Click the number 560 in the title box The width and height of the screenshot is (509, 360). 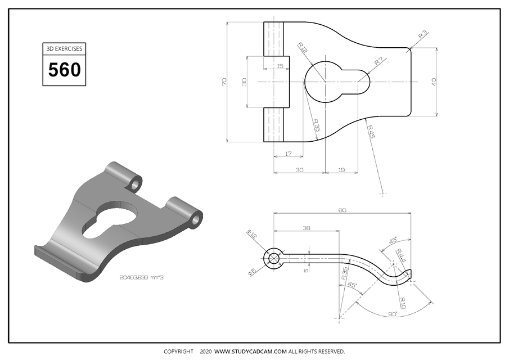[x=64, y=70]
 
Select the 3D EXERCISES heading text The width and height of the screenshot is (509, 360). [x=64, y=49]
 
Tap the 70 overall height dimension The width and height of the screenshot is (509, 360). [x=225, y=82]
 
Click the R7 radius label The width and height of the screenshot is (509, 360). [x=379, y=61]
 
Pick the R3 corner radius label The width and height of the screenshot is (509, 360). [x=423, y=35]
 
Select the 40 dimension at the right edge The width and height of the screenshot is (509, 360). [x=434, y=82]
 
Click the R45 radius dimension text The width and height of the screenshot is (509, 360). [x=371, y=131]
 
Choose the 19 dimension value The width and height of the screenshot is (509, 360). [x=341, y=169]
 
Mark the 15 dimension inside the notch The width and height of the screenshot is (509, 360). [x=280, y=66]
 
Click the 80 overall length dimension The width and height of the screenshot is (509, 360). [x=342, y=210]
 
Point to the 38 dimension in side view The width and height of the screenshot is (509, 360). [x=306, y=228]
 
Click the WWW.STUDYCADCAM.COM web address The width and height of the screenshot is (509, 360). [x=251, y=352]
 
